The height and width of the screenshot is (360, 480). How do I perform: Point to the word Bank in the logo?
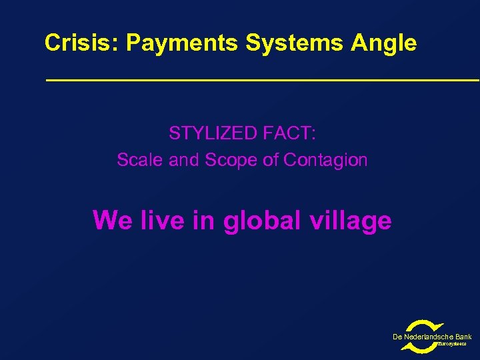tap(463, 337)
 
